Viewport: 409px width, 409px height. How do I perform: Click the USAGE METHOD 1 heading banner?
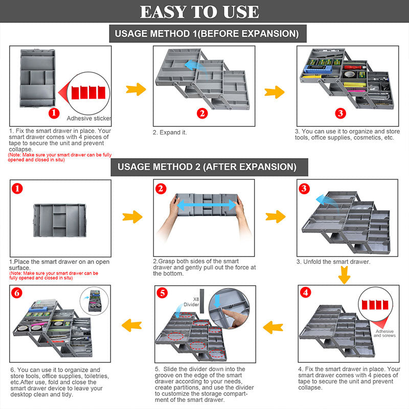pyautogui.click(x=207, y=34)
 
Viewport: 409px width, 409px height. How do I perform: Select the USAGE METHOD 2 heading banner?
pyautogui.click(x=207, y=167)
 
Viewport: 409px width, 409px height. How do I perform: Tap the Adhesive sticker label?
pyautogui.click(x=89, y=118)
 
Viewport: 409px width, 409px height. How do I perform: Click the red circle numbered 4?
pyautogui.click(x=306, y=293)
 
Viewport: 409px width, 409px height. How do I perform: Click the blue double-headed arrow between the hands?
pyautogui.click(x=206, y=204)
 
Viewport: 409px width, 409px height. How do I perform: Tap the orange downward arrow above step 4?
pyautogui.click(x=345, y=276)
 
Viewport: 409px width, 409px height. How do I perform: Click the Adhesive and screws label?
pyautogui.click(x=384, y=333)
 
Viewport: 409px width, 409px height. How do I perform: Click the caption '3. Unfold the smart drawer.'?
pyautogui.click(x=333, y=262)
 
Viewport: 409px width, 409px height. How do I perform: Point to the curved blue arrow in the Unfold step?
pyautogui.click(x=322, y=199)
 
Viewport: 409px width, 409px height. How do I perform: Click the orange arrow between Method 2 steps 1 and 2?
pyautogui.click(x=132, y=217)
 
